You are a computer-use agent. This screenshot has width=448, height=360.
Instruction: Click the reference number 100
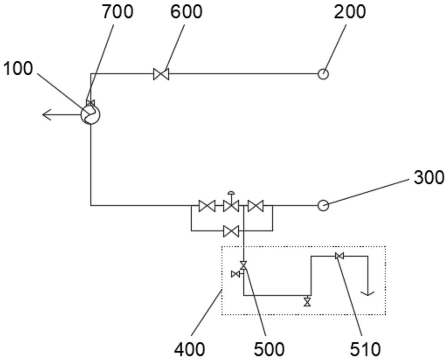tap(18, 69)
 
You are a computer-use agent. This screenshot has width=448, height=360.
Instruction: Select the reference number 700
tap(118, 12)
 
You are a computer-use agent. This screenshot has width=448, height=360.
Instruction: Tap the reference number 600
tap(186, 12)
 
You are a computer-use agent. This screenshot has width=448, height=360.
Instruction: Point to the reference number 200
tap(350, 12)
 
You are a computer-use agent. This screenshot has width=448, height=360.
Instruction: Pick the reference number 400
tap(190, 349)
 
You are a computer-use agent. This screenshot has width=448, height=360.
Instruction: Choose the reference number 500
tap(269, 349)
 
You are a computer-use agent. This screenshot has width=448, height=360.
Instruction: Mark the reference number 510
tap(366, 349)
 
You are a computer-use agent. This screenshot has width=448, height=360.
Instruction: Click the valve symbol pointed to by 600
tap(161, 74)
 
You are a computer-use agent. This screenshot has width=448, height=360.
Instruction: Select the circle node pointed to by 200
tap(323, 74)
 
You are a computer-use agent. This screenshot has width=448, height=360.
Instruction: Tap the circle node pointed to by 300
tap(323, 206)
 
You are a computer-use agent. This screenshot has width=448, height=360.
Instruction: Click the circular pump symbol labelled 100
tap(90, 115)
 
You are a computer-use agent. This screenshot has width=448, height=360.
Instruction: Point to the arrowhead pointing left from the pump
tap(47, 115)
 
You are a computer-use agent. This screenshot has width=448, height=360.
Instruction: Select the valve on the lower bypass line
tap(231, 231)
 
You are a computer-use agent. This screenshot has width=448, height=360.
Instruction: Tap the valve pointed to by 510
tap(339, 257)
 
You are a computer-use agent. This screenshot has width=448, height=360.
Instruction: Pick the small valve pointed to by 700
tap(90, 103)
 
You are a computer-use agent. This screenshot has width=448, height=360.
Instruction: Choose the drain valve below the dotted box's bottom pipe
tap(307, 301)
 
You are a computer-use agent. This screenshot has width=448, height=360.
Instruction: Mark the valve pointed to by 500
tap(243, 265)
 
